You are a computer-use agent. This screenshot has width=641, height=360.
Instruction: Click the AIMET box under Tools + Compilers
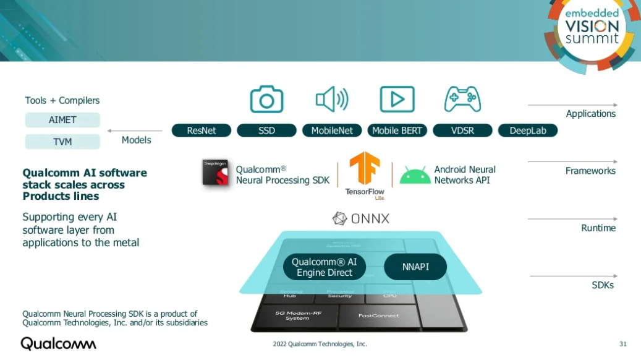point(62,120)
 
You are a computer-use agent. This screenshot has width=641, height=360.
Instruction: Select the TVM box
point(62,142)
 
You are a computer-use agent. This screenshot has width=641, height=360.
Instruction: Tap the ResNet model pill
point(202,131)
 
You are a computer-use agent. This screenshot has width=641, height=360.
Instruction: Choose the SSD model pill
point(266,131)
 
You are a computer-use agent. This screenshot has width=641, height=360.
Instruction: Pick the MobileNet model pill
point(332,131)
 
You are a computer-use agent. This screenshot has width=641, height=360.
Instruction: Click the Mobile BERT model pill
point(397,131)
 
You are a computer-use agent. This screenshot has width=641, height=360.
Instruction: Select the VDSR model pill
point(462,131)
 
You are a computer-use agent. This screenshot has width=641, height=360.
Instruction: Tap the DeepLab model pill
point(527,131)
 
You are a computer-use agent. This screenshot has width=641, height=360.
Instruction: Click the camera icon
point(266,100)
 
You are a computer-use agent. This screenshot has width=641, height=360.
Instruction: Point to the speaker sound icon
point(332,99)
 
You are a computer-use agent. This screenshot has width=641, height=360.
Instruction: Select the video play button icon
point(397,99)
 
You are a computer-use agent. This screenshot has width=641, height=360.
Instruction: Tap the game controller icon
point(462,99)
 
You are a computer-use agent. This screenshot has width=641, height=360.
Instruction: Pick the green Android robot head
point(415,176)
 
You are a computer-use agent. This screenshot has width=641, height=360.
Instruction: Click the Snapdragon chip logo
point(216,173)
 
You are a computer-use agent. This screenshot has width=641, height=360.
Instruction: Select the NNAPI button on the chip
point(415,267)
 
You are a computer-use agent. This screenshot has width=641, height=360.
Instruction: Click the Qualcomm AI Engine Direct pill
point(324,267)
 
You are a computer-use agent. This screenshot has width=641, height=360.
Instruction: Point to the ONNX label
point(361,218)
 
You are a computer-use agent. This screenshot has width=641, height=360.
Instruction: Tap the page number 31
point(622,344)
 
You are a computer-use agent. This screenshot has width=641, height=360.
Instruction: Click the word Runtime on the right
point(598,228)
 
